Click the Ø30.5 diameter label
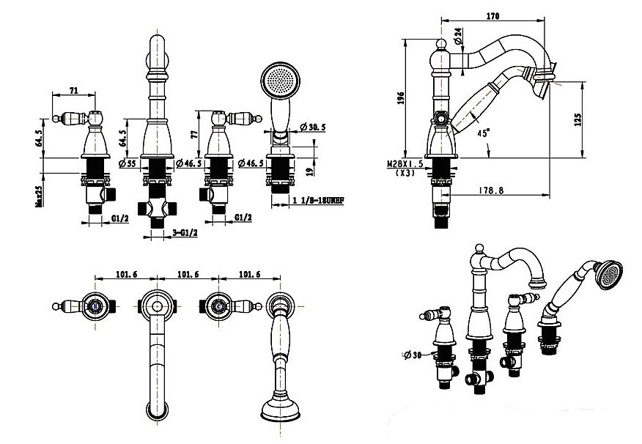coord(312,127)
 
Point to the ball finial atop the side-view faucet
coord(443,45)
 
